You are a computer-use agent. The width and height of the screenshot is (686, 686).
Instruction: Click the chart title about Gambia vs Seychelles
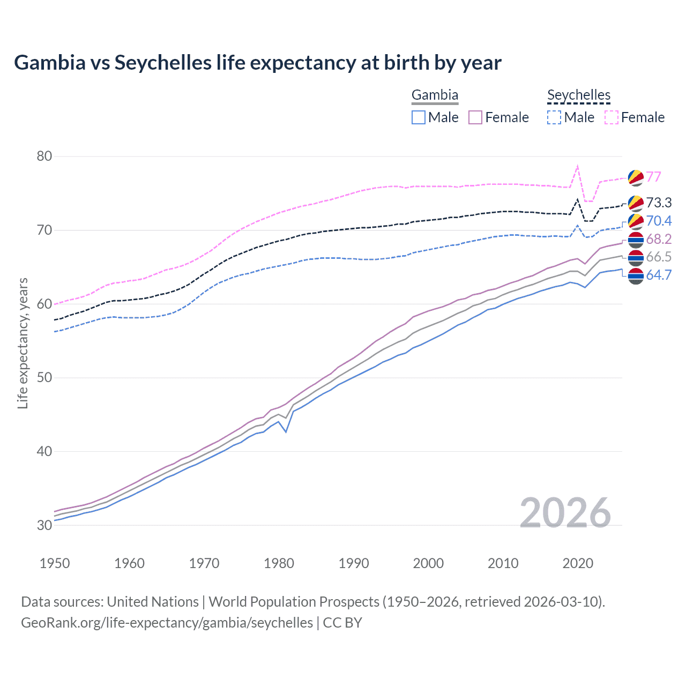click(257, 63)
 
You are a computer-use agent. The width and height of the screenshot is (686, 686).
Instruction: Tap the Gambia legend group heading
click(435, 95)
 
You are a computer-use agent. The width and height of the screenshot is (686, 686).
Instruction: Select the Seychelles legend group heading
click(578, 95)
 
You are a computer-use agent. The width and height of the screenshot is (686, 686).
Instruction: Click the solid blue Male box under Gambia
click(419, 117)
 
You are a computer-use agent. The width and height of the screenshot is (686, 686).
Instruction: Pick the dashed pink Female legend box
click(612, 117)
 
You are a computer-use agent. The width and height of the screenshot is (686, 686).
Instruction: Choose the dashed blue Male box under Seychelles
click(554, 117)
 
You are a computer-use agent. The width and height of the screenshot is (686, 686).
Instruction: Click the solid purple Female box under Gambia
click(475, 117)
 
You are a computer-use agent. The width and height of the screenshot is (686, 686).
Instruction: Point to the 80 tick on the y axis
click(44, 156)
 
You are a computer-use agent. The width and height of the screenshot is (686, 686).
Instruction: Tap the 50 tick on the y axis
click(44, 377)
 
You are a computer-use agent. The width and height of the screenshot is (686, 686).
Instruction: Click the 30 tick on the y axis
click(44, 525)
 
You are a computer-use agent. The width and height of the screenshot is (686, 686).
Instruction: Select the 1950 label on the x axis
click(55, 563)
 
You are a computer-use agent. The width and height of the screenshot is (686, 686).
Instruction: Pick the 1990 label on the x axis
click(354, 563)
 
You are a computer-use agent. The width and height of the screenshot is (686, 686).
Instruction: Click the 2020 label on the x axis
click(578, 563)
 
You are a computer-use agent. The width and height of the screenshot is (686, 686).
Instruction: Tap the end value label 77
click(653, 177)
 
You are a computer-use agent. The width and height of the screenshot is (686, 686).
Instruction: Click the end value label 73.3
click(659, 203)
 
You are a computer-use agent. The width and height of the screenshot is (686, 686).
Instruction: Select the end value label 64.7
click(659, 275)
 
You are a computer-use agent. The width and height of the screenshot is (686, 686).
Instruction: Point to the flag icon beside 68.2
click(636, 240)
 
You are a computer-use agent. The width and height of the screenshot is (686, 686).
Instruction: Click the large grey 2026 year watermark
click(565, 513)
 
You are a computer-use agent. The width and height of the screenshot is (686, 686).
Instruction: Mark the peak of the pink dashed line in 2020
click(577, 166)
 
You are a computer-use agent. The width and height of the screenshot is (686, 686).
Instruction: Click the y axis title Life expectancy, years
click(23, 343)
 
